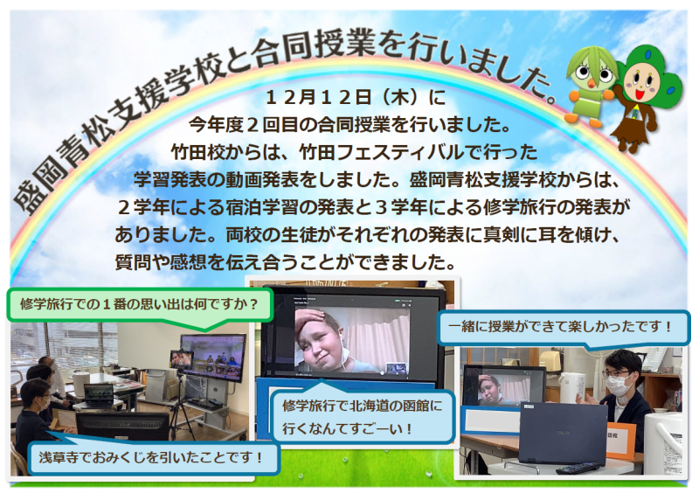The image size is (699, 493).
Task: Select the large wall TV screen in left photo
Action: [x=212, y=358]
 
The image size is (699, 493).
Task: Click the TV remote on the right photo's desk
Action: [x=568, y=468]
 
